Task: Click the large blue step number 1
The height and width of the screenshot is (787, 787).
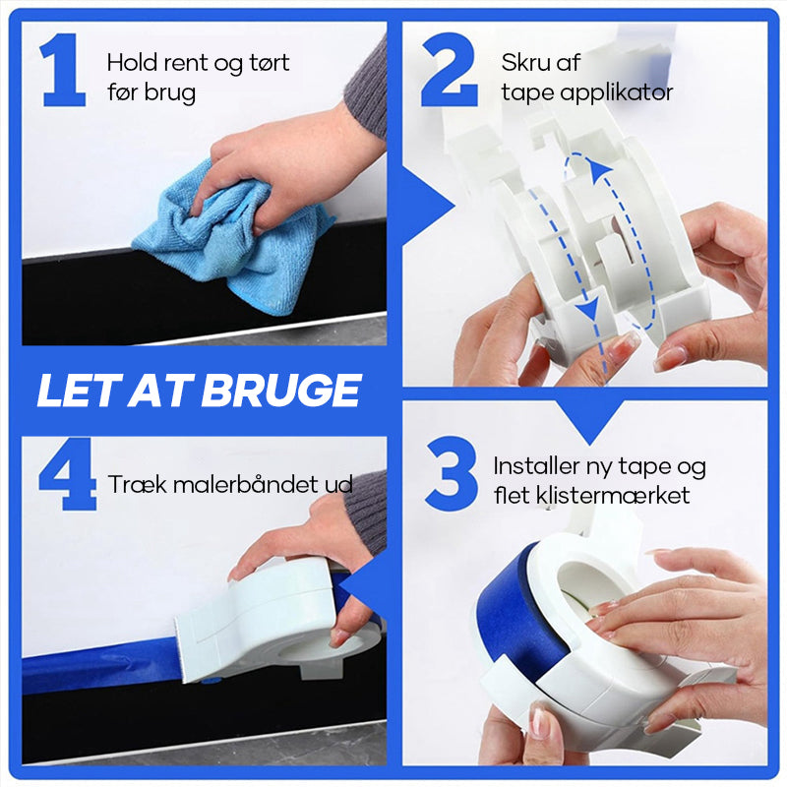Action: [64, 70]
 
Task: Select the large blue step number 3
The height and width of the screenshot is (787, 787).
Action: [452, 474]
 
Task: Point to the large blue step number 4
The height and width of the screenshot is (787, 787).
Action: [67, 474]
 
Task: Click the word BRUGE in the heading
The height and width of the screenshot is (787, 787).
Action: [281, 390]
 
